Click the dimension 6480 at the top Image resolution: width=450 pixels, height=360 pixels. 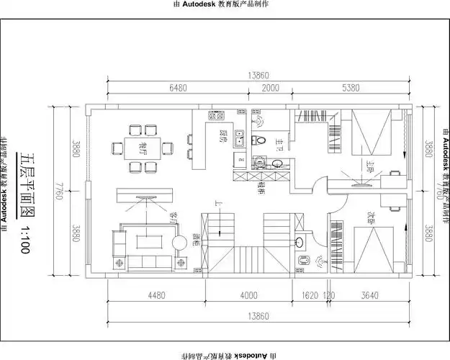[x=178, y=88]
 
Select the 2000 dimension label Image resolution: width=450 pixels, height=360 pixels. [x=270, y=88]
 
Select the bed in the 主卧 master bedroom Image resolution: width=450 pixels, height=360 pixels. [x=369, y=132]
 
